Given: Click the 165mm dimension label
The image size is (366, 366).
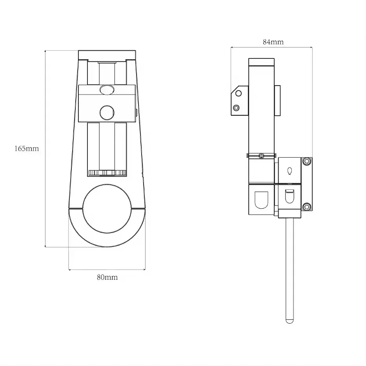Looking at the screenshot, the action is coord(27,148).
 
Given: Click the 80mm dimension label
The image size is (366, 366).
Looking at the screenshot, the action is coord(107,277).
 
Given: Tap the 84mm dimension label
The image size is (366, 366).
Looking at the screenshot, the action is coord(273,42).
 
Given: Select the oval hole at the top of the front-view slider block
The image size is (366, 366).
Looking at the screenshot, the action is coord(107,90).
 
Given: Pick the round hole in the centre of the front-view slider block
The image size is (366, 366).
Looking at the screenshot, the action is coord(107,113).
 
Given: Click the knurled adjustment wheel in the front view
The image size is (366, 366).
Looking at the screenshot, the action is coord(107,173).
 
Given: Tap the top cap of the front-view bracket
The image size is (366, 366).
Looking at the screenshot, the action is coord(107,55).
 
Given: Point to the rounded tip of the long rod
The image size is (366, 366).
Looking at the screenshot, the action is coord(290,321).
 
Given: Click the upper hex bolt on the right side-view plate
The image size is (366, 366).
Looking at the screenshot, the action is coord(307,161).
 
